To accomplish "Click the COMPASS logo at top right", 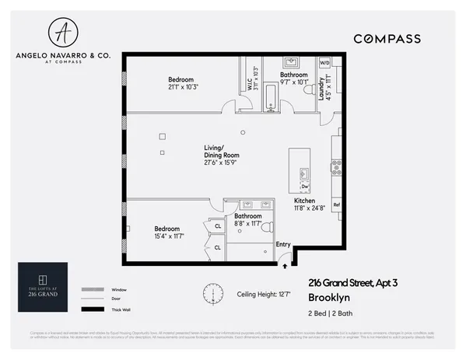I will [387, 39].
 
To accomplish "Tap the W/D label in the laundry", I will [324, 62].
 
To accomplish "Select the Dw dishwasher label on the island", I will [305, 187].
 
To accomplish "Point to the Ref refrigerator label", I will [336, 205].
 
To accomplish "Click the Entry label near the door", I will [283, 245].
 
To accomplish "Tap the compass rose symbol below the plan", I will [212, 293].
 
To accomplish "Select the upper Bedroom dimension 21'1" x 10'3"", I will [180, 88].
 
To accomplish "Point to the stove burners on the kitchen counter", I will [337, 166].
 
